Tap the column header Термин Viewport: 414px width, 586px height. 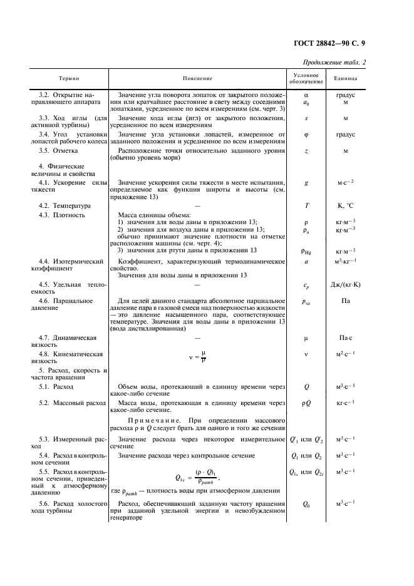(69, 78)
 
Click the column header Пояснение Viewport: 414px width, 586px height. (197, 78)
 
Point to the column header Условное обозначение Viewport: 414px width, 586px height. (306, 78)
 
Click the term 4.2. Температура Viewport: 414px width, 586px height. (65, 205)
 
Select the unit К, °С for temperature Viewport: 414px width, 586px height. (346, 205)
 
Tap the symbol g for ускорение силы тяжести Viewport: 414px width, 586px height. (306, 183)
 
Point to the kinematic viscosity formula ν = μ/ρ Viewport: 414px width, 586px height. (197, 357)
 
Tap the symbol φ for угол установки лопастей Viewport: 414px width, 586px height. (306, 135)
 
